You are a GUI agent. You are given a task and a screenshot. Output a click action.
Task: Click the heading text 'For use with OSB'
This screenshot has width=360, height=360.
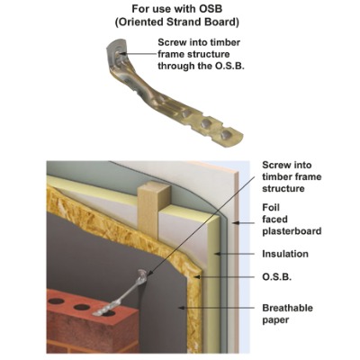pyautogui.click(x=177, y=9)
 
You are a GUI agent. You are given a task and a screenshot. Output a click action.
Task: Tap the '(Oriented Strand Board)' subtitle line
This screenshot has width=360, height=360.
pyautogui.click(x=177, y=22)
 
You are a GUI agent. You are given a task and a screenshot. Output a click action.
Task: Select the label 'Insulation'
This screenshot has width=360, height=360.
pyautogui.click(x=285, y=254)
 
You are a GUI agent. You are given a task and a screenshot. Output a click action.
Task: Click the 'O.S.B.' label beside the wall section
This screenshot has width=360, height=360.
pyautogui.click(x=277, y=276)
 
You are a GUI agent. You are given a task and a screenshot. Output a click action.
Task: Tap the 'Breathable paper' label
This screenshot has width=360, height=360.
pyautogui.click(x=287, y=314)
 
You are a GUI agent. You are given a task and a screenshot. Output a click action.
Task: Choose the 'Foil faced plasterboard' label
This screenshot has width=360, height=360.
pyautogui.click(x=292, y=220)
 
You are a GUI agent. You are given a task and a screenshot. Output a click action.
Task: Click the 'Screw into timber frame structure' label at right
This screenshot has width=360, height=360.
pyautogui.click(x=292, y=176)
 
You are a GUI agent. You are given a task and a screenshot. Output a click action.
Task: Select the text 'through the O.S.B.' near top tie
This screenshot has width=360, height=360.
pyautogui.click(x=201, y=66)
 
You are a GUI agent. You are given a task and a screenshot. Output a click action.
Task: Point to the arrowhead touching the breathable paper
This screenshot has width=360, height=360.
pyautogui.click(x=181, y=308)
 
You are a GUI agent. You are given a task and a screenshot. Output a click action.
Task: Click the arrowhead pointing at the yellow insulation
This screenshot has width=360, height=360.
pyautogui.click(x=217, y=254)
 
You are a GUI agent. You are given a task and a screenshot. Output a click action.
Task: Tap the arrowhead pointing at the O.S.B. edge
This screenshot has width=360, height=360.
pyautogui.click(x=197, y=276)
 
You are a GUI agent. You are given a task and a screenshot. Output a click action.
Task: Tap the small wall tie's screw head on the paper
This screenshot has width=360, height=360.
pyautogui.click(x=142, y=274)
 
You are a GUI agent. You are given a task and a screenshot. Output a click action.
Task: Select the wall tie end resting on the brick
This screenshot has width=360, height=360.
pyautogui.click(x=101, y=311)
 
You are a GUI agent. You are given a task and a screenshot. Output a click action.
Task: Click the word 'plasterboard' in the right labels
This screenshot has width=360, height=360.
pyautogui.click(x=292, y=231)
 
